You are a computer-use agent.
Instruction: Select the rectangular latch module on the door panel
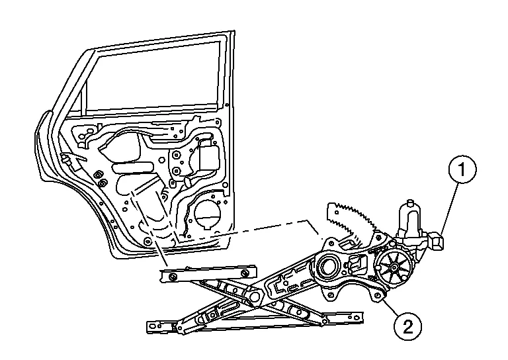[210, 158]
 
